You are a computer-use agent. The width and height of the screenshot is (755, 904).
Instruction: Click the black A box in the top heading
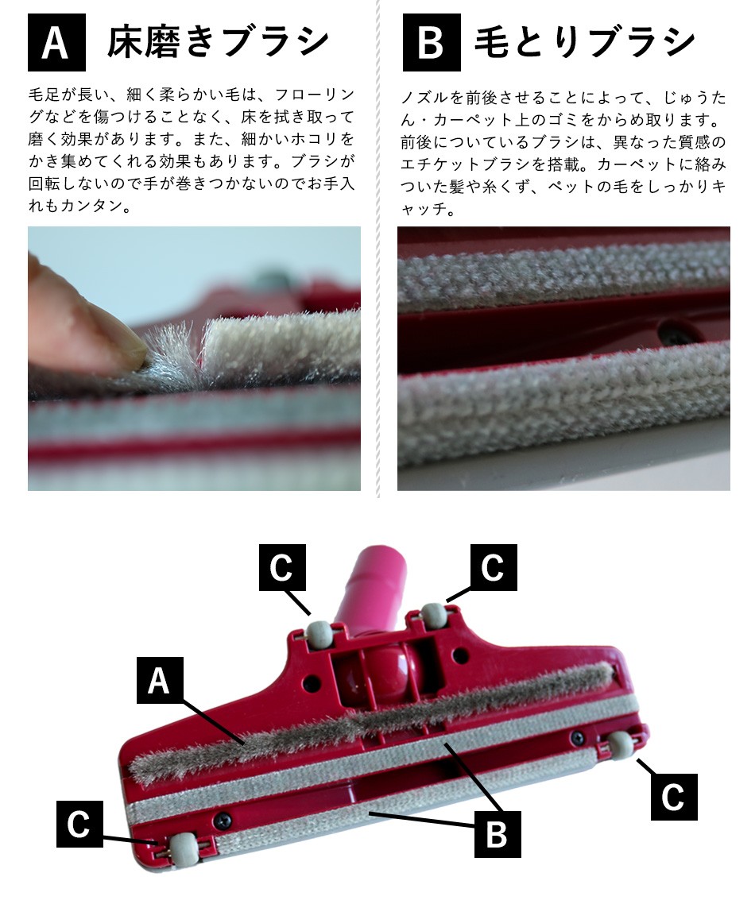click(56, 42)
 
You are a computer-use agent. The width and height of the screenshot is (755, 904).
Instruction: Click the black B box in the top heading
click(432, 42)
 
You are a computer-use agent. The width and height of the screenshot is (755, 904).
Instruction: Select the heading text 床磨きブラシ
click(219, 42)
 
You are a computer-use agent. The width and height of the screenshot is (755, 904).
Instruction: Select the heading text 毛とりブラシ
click(585, 42)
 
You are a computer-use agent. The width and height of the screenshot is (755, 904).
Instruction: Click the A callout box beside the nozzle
click(160, 680)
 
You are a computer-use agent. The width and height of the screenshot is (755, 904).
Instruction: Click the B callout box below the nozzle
click(498, 834)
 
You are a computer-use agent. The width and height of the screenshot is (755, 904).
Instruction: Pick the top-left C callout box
click(282, 567)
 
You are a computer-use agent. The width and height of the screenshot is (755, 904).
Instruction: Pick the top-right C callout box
click(494, 567)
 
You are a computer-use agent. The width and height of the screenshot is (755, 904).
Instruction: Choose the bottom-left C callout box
click(79, 824)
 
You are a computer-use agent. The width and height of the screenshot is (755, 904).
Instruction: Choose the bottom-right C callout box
click(674, 797)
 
